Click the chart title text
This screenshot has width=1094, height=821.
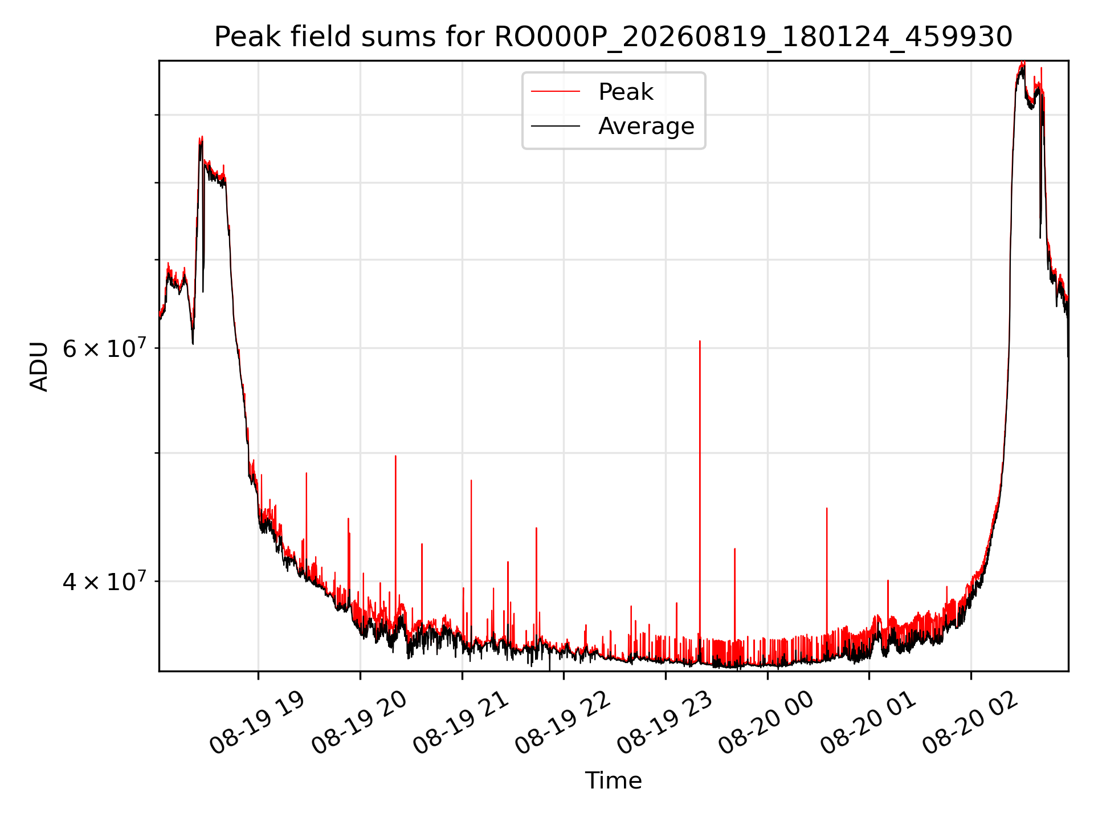(x=613, y=37)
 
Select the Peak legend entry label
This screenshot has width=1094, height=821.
(x=626, y=92)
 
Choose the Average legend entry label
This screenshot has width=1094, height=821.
(x=646, y=126)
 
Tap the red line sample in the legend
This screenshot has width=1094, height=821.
(x=556, y=92)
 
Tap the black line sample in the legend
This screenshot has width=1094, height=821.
(x=556, y=126)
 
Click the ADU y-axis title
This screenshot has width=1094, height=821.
(x=39, y=366)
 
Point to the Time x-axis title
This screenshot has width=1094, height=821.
(x=613, y=781)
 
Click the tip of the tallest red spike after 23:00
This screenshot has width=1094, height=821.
(x=700, y=341)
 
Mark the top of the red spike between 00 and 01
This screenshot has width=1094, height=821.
(x=827, y=508)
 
